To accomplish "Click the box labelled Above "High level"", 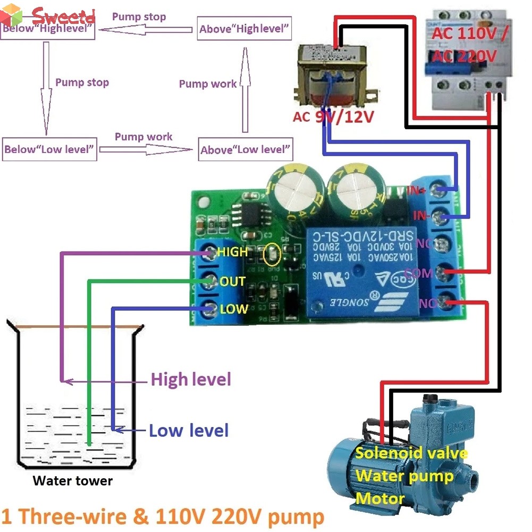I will pyautogui.click(x=245, y=29).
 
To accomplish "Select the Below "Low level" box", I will pyautogui.click(x=50, y=149).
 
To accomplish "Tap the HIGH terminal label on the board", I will pyautogui.click(x=232, y=251).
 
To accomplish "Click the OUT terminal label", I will pyautogui.click(x=232, y=281).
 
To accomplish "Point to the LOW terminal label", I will pyautogui.click(x=234, y=309).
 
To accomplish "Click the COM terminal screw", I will pyautogui.click(x=441, y=273).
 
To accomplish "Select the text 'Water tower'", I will pyautogui.click(x=73, y=481).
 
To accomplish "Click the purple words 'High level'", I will pyautogui.click(x=191, y=379).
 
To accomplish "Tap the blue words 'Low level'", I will pyautogui.click(x=189, y=430).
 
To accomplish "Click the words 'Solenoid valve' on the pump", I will pyautogui.click(x=411, y=453).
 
